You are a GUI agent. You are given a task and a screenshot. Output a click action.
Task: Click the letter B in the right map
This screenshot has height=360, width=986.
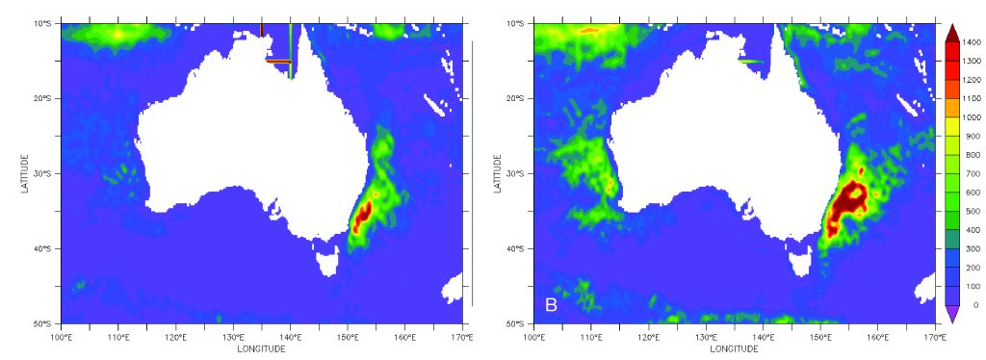pyautogui.click(x=552, y=305)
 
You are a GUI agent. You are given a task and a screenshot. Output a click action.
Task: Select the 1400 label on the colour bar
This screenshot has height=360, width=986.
pyautogui.click(x=971, y=41)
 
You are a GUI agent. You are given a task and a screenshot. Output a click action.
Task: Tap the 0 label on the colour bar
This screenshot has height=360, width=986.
pyautogui.click(x=975, y=304)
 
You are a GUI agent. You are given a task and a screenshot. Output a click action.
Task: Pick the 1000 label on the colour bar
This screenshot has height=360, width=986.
pyautogui.click(x=971, y=116)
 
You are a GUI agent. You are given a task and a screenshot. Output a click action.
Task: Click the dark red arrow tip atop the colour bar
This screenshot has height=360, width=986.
pyautogui.click(x=951, y=30)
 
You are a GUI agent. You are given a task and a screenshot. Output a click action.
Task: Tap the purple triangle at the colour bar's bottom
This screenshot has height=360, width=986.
pyautogui.click(x=951, y=315)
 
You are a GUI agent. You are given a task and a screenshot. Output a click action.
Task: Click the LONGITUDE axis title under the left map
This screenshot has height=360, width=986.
pyautogui.click(x=261, y=349)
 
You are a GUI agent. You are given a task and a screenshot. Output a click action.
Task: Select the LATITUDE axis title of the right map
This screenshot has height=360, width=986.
pyautogui.click(x=500, y=173)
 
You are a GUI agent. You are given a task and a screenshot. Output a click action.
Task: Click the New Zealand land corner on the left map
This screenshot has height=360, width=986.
pyautogui.click(x=453, y=287)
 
